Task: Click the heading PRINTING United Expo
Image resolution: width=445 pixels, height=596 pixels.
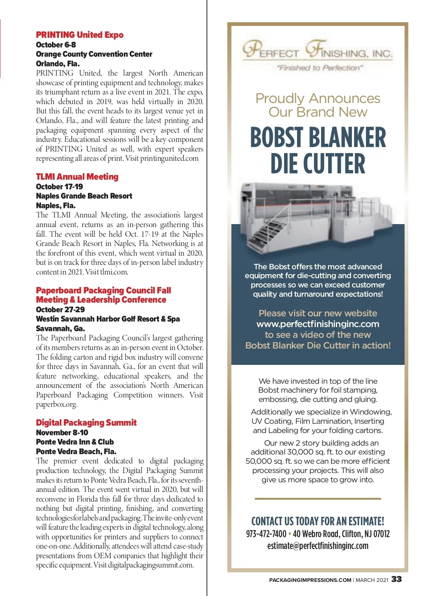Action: (80, 35)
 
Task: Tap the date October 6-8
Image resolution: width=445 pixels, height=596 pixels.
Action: (56, 45)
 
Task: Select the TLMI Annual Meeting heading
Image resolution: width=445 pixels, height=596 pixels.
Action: (77, 177)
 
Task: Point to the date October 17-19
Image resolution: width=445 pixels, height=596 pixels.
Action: (59, 187)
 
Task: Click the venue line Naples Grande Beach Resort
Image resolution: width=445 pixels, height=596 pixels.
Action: (84, 196)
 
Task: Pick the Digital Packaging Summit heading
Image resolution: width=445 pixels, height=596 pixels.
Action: (86, 423)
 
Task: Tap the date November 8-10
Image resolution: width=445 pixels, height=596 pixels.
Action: (62, 433)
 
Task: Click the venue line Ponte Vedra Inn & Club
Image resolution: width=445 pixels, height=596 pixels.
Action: (75, 442)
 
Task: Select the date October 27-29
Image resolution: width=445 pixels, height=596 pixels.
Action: (60, 310)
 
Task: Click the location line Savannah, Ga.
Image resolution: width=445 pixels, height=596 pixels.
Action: (60, 329)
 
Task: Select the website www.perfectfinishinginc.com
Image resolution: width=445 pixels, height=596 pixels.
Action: (318, 324)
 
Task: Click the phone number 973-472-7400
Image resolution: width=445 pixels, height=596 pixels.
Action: (266, 534)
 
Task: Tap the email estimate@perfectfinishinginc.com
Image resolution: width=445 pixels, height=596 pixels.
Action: (318, 546)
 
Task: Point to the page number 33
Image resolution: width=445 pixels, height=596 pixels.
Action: (396, 579)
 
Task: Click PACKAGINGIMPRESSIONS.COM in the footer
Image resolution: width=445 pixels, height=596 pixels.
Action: (310, 580)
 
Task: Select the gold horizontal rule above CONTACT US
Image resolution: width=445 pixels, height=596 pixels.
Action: (318, 499)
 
